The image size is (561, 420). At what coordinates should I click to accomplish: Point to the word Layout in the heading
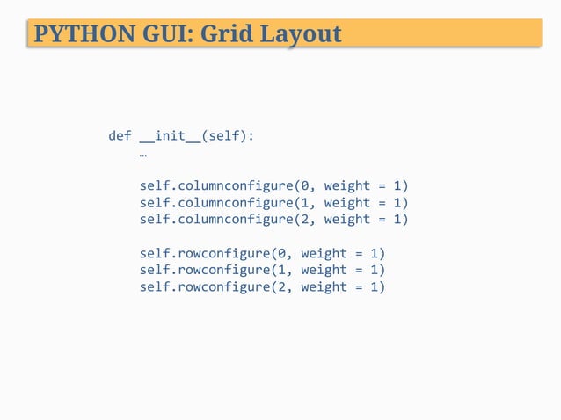[297, 34]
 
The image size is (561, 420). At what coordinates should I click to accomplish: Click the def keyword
[120, 136]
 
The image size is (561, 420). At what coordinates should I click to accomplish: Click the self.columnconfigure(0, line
[228, 186]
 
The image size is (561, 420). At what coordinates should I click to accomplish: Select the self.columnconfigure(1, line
[228, 203]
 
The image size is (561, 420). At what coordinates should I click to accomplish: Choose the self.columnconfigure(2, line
[228, 220]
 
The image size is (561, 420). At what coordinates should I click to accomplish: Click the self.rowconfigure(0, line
[216, 253]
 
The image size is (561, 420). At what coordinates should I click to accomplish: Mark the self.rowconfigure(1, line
[216, 270]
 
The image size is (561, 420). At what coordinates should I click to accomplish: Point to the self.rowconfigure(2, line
[216, 286]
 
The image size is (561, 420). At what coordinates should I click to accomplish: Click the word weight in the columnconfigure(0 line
[347, 186]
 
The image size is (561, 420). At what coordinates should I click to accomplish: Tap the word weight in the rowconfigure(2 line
[324, 286]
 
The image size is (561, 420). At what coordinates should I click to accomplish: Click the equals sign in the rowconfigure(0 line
[360, 253]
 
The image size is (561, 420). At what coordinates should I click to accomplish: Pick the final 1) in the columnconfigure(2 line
[402, 220]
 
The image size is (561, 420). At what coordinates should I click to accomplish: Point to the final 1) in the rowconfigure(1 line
[379, 270]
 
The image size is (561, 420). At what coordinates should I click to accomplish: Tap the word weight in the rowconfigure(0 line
[324, 253]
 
